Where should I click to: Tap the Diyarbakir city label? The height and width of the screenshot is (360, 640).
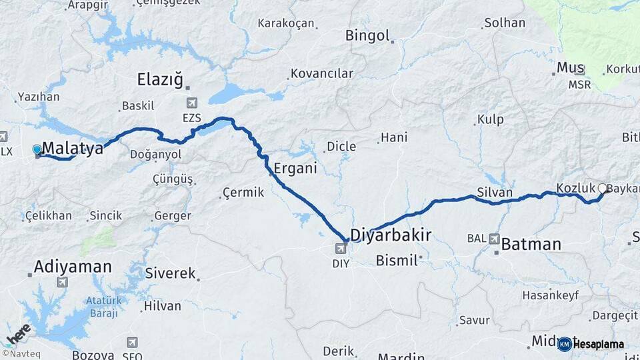[x=391, y=235]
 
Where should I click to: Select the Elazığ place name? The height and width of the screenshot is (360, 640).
[x=159, y=80]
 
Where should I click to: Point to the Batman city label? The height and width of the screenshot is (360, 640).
[x=531, y=244]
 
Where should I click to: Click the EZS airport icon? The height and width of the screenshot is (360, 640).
[x=192, y=103]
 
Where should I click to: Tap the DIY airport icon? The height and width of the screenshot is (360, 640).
[x=341, y=249]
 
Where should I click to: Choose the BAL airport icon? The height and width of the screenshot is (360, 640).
[x=494, y=238]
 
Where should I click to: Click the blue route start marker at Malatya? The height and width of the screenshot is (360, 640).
[x=37, y=150]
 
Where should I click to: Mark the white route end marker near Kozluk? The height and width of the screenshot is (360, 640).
[x=603, y=188]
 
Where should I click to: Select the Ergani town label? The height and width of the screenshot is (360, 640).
[x=295, y=168]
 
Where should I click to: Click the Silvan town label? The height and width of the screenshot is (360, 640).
[x=495, y=193]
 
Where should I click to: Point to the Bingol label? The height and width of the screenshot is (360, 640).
[x=367, y=35]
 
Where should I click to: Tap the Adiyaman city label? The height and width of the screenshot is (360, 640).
[x=73, y=267]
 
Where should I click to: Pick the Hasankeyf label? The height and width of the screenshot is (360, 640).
[x=546, y=295]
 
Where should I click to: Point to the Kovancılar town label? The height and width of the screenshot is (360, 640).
[x=321, y=73]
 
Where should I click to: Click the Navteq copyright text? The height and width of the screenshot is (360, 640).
[x=21, y=353]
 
